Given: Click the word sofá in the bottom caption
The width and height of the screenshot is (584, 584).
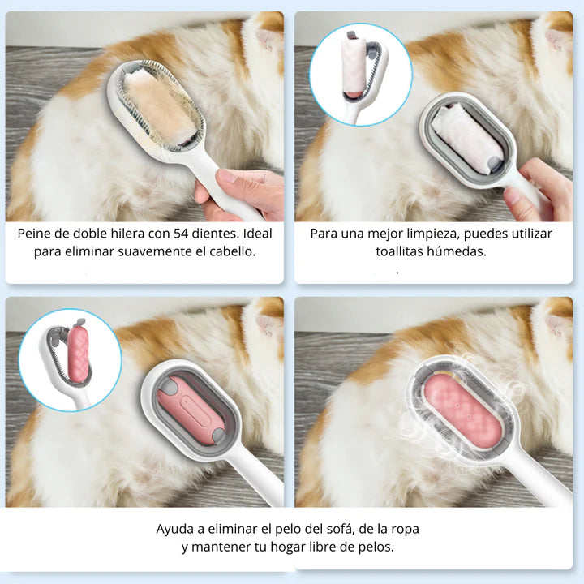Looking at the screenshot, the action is click(x=337, y=530).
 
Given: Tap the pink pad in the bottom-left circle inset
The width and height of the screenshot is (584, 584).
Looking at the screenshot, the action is click(x=78, y=353).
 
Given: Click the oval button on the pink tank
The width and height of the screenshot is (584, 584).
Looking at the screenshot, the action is click(x=194, y=410).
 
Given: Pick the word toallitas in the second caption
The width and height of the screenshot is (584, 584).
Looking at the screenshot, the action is click(x=399, y=252).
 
